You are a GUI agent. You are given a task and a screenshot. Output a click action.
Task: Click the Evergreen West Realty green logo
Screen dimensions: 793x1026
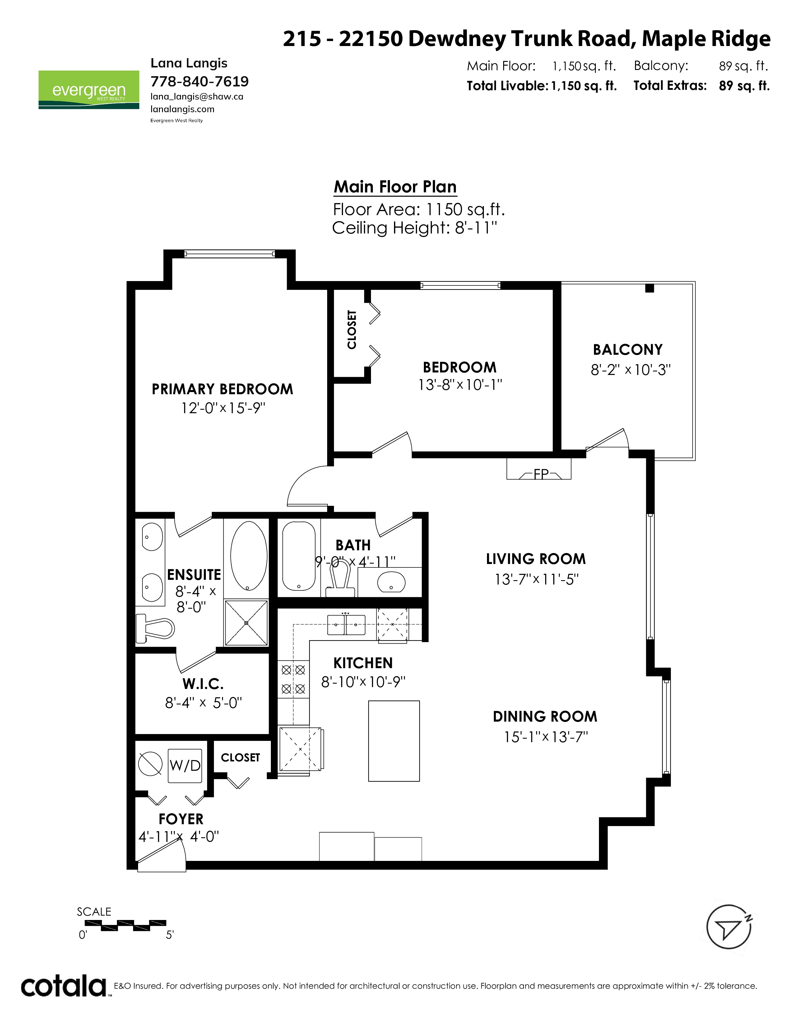point(89,90)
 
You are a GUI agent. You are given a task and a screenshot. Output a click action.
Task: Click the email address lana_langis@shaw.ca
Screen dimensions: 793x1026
point(197,97)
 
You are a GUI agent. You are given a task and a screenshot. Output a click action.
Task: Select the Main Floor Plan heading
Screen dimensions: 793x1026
point(395,187)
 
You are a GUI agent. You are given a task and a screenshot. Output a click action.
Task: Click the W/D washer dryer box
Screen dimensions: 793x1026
point(185,766)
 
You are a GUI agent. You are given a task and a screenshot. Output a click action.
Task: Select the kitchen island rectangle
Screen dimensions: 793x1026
point(394,741)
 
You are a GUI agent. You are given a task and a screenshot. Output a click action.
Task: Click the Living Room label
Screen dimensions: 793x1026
point(536,559)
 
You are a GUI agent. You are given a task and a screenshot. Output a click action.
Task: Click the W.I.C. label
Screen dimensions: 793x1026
point(203,683)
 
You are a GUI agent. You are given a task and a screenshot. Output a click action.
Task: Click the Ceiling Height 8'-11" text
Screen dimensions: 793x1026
point(414,228)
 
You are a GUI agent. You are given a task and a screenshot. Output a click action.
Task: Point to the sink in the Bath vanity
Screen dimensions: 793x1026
point(391,583)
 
